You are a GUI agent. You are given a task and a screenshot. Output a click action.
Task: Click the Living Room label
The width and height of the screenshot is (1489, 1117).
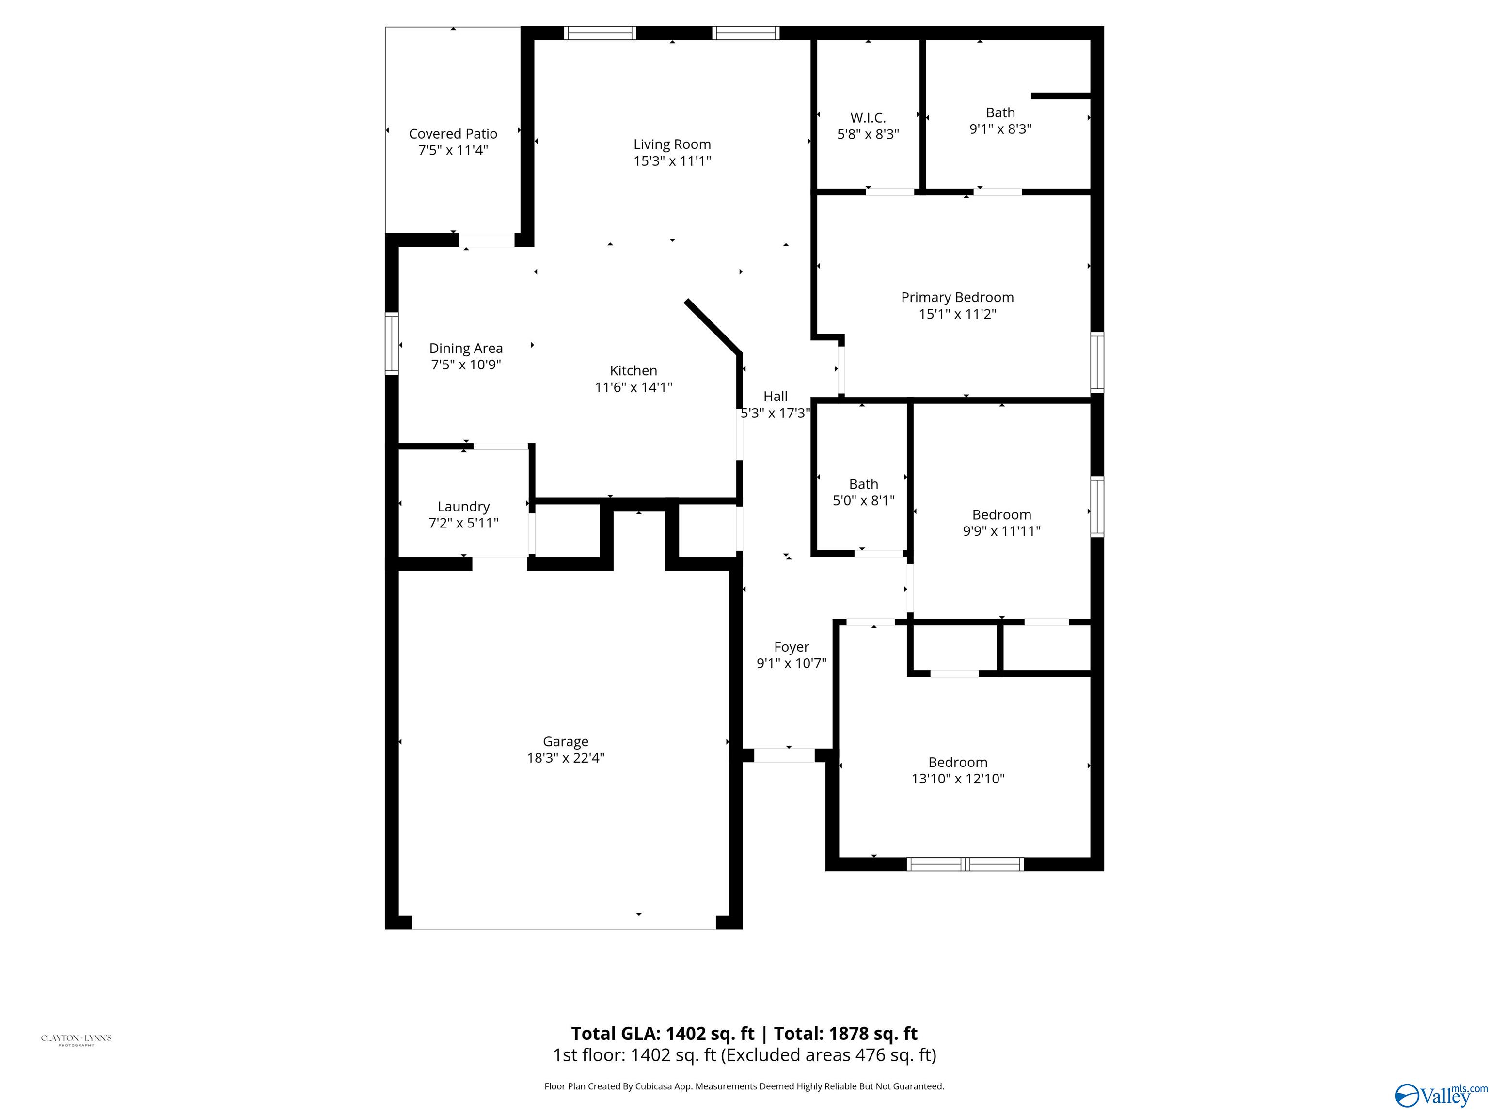point(672,144)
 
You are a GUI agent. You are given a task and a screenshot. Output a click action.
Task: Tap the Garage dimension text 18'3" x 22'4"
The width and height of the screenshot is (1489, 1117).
point(566,757)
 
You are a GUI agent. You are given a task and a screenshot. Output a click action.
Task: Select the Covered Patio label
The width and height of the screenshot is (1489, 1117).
point(453,134)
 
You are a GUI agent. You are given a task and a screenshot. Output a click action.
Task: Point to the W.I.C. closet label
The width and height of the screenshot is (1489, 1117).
point(868,118)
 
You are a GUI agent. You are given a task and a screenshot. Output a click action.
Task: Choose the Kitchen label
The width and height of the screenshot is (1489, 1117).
point(634,371)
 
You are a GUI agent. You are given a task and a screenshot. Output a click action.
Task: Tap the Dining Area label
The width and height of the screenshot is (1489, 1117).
point(466,349)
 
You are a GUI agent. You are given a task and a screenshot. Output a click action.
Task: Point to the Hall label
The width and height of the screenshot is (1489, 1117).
point(776,397)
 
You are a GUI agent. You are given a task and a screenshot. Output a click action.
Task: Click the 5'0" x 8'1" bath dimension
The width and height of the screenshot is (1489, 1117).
point(864,500)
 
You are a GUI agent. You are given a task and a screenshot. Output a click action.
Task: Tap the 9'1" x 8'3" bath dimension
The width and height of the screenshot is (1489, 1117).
point(1000,128)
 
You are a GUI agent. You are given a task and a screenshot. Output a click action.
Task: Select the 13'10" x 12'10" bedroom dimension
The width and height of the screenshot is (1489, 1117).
point(958,778)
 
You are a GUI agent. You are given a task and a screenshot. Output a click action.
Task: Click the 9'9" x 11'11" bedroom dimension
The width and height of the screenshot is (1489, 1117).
point(1002,530)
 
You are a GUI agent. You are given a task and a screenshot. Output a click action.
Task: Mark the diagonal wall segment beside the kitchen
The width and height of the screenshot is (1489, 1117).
point(713,327)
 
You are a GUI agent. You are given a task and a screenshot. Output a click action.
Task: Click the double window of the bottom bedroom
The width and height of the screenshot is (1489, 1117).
point(966,864)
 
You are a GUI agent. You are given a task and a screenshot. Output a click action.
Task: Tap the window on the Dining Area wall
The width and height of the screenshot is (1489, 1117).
point(391,343)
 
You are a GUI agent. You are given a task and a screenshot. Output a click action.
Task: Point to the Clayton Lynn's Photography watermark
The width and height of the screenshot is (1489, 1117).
point(76,1039)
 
